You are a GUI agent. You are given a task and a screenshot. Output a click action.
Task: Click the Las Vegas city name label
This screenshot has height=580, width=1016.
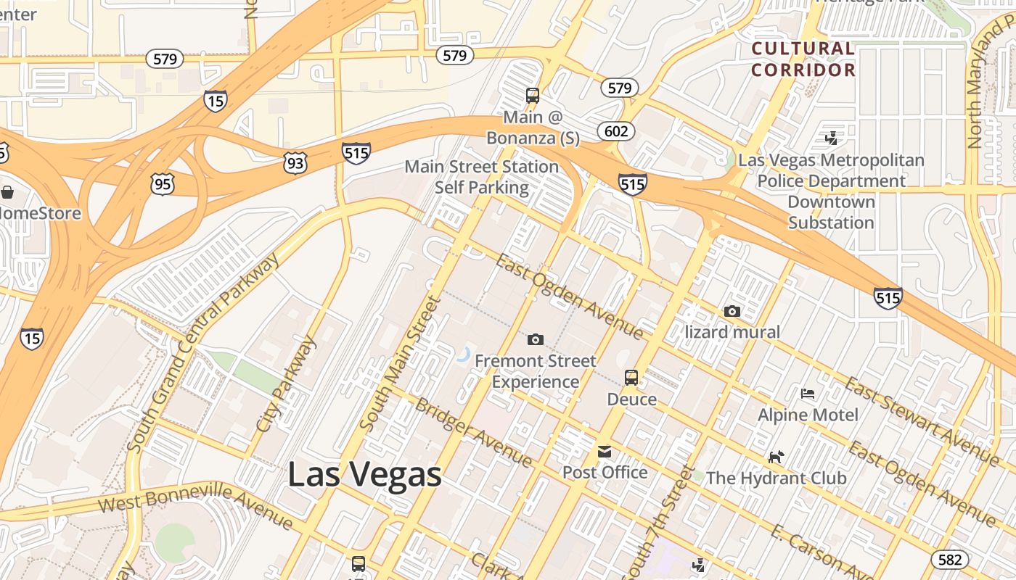(x=364, y=475)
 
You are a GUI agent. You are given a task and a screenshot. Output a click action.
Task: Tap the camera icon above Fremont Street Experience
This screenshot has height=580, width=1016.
(x=535, y=339)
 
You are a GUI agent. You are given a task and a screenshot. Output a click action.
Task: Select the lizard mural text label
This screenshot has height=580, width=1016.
(x=732, y=332)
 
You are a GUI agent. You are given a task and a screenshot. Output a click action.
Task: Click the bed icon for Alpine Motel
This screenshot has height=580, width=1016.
(x=808, y=394)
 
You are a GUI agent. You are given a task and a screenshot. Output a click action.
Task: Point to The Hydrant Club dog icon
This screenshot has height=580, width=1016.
(x=777, y=457)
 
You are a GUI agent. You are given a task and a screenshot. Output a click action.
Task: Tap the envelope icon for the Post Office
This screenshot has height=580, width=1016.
(x=605, y=452)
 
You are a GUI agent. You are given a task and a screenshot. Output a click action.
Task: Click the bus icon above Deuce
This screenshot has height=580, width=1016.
(x=631, y=377)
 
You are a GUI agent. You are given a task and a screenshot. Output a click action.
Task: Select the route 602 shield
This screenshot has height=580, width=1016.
(x=616, y=131)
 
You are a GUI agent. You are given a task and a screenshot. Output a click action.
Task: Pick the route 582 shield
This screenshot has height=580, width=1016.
(x=949, y=559)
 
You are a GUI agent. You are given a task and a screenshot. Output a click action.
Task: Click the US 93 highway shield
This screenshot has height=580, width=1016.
(x=295, y=163)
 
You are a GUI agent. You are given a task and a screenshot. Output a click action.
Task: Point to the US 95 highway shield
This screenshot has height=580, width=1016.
(x=163, y=184)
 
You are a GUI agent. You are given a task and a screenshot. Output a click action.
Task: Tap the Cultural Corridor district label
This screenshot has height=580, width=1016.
(x=803, y=59)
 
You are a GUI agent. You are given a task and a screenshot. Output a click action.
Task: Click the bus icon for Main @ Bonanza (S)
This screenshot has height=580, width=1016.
(x=533, y=96)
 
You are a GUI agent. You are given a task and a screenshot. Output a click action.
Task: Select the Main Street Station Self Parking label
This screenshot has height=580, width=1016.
(x=481, y=177)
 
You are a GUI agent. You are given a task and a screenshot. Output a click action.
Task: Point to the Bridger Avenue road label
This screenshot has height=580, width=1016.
(x=472, y=432)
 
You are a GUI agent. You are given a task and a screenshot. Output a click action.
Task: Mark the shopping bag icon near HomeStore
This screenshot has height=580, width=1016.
(x=7, y=192)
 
